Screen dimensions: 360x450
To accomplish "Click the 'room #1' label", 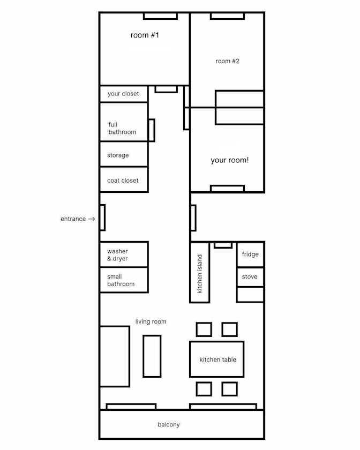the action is pos(145,35).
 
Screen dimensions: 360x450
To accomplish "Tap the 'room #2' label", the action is pos(227,61).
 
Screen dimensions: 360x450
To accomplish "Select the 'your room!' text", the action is pos(230,160).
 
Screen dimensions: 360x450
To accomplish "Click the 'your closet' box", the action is pos(124,94).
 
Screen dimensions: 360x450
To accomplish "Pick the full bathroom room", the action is pos(124,122).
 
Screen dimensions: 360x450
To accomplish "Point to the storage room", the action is pos(124,154).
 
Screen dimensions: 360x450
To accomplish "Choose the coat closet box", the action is pos(124,179).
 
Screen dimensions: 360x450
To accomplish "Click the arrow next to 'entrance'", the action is pos(92,219).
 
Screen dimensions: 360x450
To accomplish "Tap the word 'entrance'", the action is pos(73,219).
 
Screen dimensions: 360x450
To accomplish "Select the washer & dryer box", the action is pos(124,254).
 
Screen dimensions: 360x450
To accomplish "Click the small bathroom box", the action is pos(124,280).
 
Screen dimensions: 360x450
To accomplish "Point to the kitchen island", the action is pos(199,272).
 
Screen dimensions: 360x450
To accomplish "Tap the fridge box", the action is pos(250,255).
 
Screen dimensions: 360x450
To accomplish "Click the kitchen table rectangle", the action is pos(217,359).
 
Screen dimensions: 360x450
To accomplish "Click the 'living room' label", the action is pos(151,322).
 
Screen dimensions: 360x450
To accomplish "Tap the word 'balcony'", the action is pos(169,424).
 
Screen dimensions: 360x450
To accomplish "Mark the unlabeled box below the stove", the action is pos(250,295).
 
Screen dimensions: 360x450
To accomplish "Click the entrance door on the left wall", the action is pos(102,217).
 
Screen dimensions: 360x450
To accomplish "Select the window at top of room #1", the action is pos(161,16).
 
